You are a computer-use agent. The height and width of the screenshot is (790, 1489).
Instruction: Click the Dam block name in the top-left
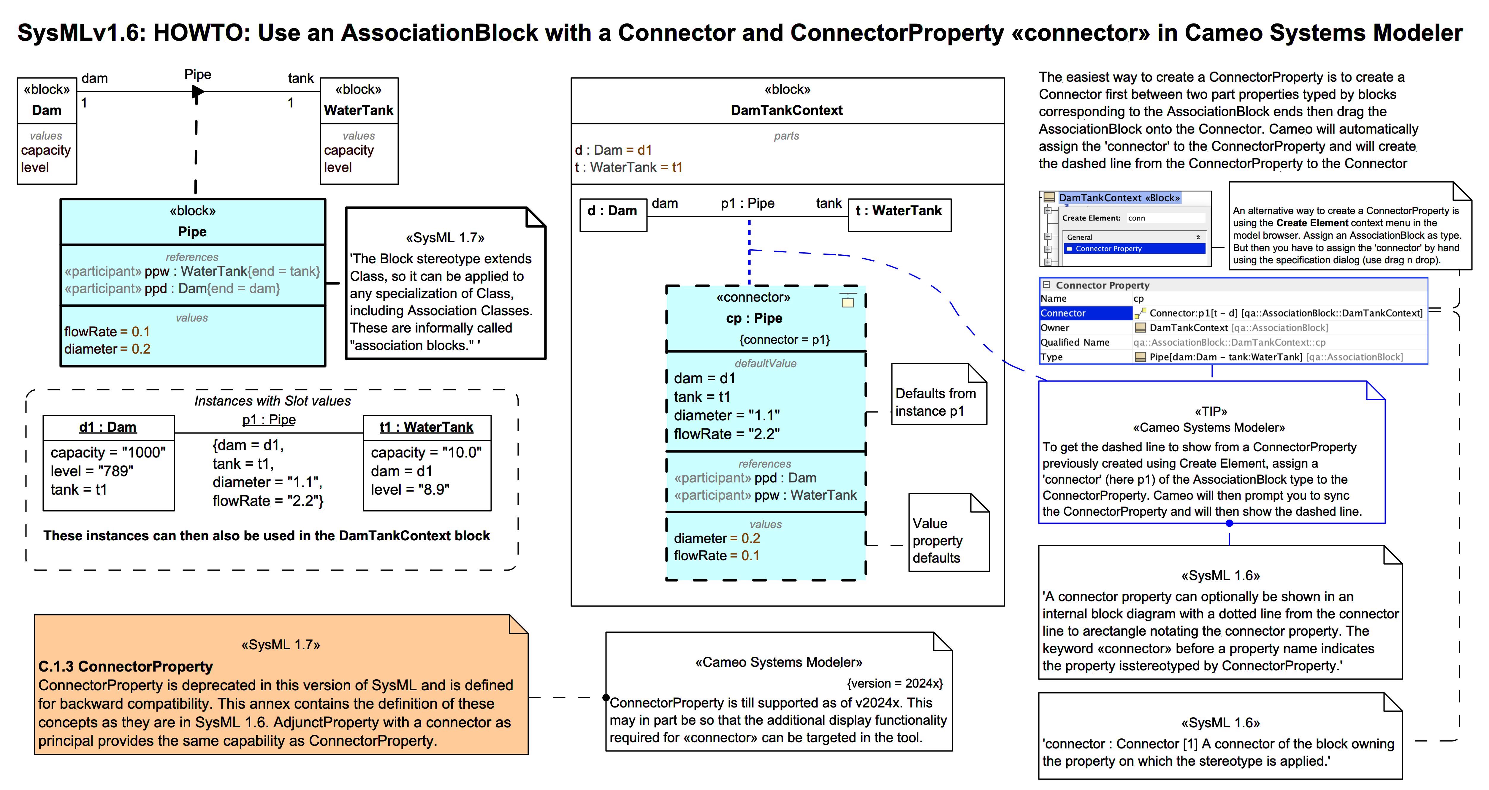pos(46,110)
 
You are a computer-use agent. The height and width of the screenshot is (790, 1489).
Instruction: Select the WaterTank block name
pos(358,110)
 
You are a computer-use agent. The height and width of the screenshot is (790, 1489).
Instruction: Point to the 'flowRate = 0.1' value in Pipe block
pos(107,332)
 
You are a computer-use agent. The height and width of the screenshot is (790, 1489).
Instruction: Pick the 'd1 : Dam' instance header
pos(108,427)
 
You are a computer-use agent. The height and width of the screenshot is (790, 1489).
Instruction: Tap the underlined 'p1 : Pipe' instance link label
pos(269,419)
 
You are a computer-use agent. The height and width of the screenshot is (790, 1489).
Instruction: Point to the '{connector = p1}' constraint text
pos(784,340)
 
